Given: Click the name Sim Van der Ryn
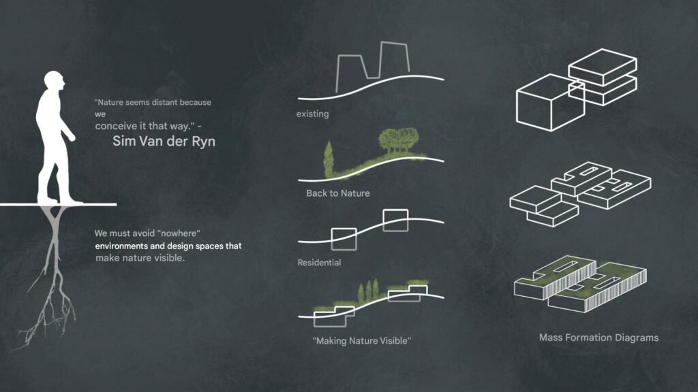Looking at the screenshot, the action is (x=164, y=142).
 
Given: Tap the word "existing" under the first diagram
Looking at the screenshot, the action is (x=312, y=114).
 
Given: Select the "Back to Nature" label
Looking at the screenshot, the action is (x=338, y=193).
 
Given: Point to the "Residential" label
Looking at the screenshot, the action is (x=319, y=263).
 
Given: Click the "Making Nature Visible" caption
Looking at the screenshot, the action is (x=361, y=341).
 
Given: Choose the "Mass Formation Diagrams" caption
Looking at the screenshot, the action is (x=598, y=338).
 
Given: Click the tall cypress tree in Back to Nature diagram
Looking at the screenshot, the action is (x=329, y=160).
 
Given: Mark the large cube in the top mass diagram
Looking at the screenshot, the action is (x=550, y=103).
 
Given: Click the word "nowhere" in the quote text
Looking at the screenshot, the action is (x=179, y=233).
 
